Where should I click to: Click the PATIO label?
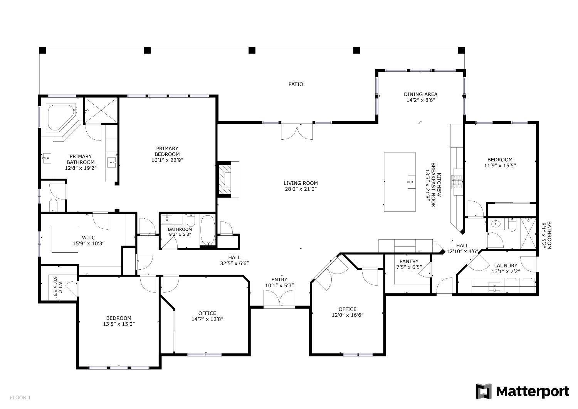(x=296, y=84)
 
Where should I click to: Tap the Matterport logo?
(x=522, y=391)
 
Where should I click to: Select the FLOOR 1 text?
(x=20, y=397)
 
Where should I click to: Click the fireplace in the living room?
(x=225, y=179)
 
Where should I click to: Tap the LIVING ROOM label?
(x=301, y=183)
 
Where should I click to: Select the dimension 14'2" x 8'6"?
(x=420, y=100)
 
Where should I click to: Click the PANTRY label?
(x=409, y=261)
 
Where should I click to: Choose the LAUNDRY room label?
(x=505, y=265)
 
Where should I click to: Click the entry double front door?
(x=279, y=299)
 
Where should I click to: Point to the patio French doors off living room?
(x=297, y=131)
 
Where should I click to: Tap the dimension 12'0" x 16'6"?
(x=347, y=315)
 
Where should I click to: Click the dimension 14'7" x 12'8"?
(x=207, y=319)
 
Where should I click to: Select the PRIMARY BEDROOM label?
(x=167, y=151)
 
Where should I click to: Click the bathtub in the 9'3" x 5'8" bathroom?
(x=208, y=230)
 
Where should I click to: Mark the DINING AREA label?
(x=420, y=94)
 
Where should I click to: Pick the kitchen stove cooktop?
(x=458, y=181)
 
